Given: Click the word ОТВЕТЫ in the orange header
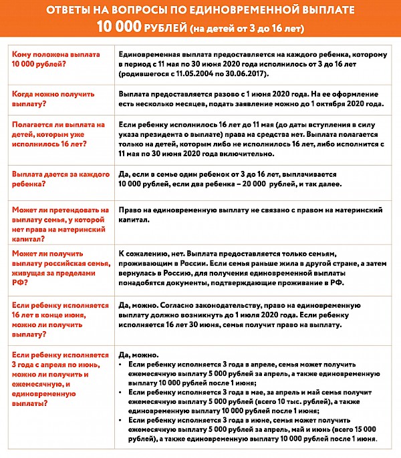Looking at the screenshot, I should coord(70,11).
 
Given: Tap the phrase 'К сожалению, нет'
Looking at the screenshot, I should coord(150,254).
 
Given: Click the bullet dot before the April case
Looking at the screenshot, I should coord(120,366).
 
